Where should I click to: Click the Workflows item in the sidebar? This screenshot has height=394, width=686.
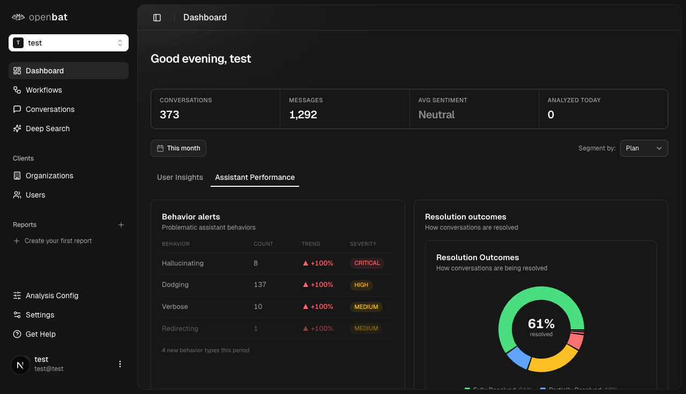(43, 90)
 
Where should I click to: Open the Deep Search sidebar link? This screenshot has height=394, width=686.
(47, 128)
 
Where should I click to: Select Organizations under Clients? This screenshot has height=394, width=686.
(49, 176)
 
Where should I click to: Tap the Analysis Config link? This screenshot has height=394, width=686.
(51, 295)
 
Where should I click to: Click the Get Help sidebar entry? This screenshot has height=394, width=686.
(40, 334)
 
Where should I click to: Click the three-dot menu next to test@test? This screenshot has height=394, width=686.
(120, 364)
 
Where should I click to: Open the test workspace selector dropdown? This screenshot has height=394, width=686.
(69, 43)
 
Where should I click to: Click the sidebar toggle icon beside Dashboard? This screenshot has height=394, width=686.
(157, 18)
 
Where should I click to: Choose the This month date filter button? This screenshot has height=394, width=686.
(178, 148)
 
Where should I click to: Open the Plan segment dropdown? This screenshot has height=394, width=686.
(644, 148)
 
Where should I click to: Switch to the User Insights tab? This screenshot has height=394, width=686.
(180, 177)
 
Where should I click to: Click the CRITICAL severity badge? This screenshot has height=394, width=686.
(367, 263)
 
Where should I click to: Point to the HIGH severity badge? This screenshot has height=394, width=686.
(361, 285)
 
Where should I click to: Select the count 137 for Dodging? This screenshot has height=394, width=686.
(260, 285)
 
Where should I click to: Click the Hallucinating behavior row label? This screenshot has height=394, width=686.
(183, 263)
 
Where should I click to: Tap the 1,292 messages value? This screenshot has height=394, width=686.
(303, 115)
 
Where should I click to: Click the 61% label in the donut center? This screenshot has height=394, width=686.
(541, 324)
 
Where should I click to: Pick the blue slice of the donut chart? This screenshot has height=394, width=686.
(518, 357)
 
